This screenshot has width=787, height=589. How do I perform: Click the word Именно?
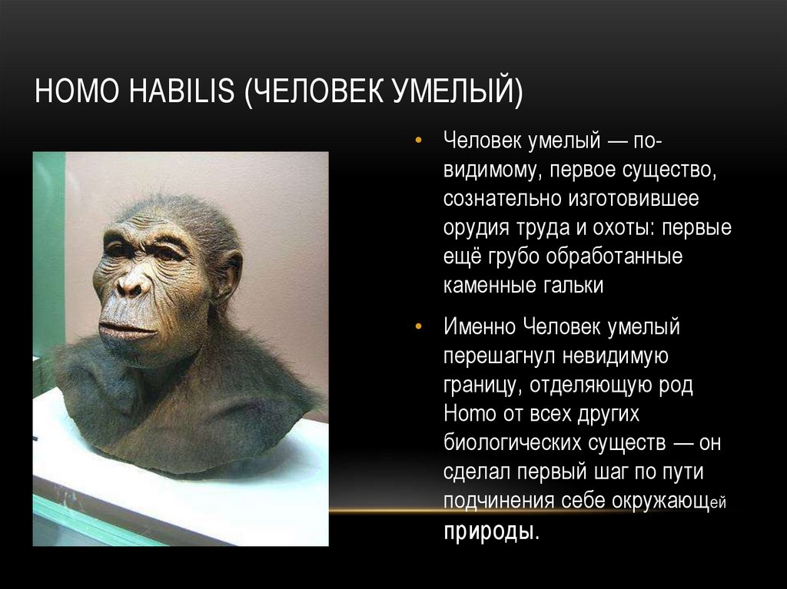coord(480,327)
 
